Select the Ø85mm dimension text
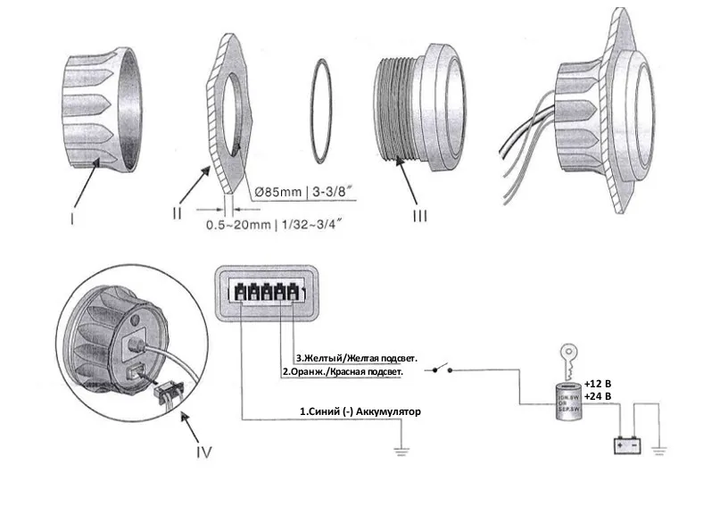click(277, 191)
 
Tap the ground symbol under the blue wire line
click(403, 452)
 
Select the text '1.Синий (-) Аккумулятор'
click(360, 411)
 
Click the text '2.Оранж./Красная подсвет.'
click(343, 370)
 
